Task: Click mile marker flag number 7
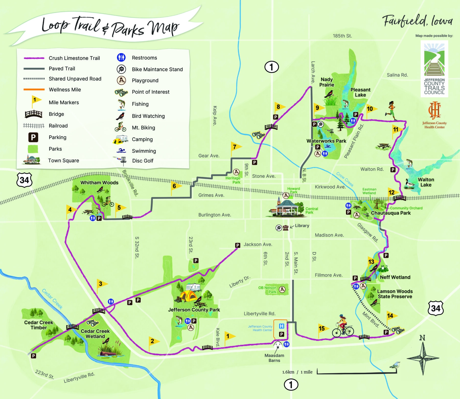[235, 147]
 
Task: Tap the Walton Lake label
[426, 182]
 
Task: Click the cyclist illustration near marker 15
[343, 326]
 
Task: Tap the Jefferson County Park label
[194, 310]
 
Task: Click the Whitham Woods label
[99, 183]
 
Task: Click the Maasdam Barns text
[274, 358]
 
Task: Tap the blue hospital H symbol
[281, 326]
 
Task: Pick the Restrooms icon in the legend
[121, 58]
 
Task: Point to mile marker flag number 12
[391, 193]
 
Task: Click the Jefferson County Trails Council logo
[434, 69]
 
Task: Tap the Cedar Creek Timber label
[39, 325]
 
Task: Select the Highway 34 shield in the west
[24, 180]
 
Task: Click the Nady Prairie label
[327, 82]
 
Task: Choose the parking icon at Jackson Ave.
[238, 245]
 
